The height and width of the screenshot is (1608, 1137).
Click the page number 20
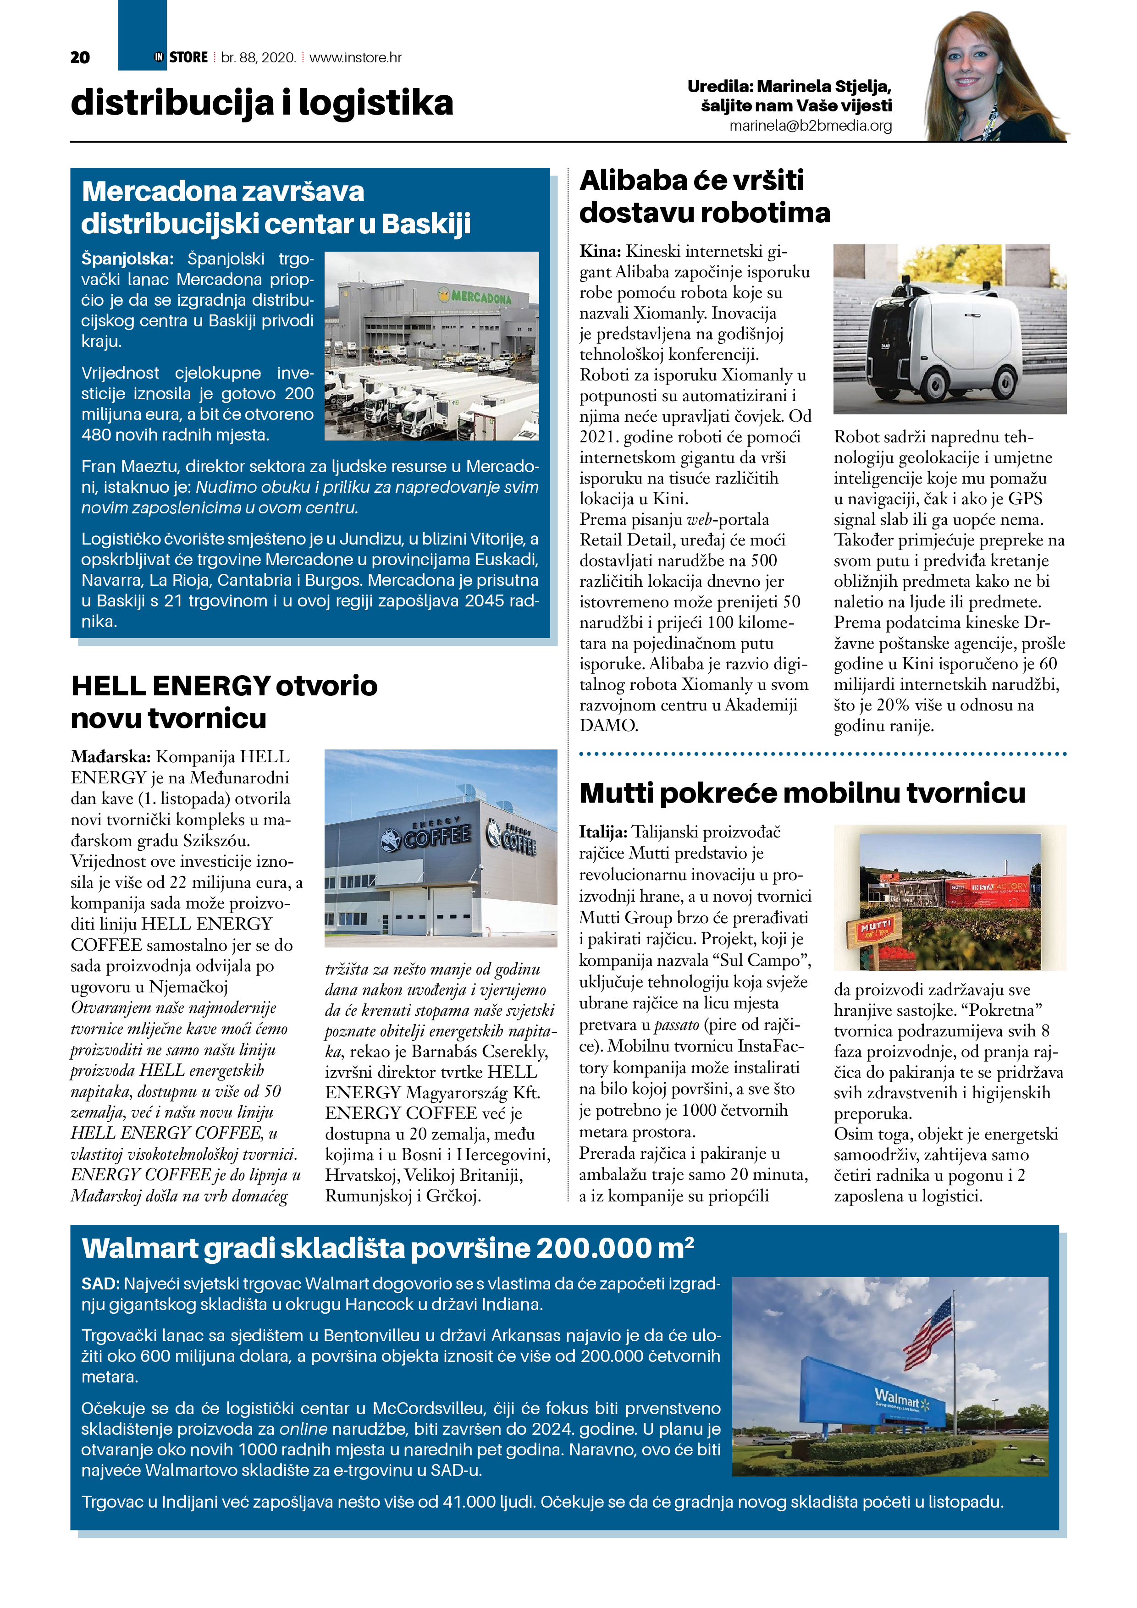click(x=80, y=57)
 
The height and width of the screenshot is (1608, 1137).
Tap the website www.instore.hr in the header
click(x=355, y=57)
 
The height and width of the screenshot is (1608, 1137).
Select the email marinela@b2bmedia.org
click(x=811, y=126)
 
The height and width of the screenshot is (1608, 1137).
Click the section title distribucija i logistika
click(x=262, y=103)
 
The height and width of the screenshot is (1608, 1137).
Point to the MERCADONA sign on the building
click(x=476, y=297)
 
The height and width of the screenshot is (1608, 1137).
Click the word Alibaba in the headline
click(x=635, y=181)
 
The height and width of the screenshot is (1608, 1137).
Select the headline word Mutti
click(x=617, y=793)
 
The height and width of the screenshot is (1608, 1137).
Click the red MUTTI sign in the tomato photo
click(x=875, y=927)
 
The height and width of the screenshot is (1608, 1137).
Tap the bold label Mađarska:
click(x=110, y=757)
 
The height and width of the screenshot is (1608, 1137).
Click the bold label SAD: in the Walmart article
click(x=100, y=1284)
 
